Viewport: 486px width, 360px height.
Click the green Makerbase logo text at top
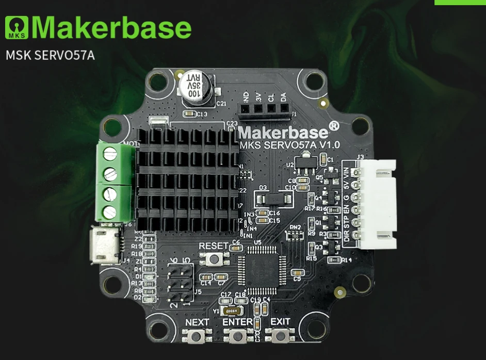pos(111,28)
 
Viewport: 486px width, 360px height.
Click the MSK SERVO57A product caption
pos(50,55)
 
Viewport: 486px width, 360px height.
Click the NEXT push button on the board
pos(197,337)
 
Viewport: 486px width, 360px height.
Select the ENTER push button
pos(238,337)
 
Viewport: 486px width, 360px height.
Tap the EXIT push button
pos(280,337)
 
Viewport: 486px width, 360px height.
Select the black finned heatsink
pos(187,178)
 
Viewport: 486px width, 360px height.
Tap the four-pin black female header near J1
pos(264,109)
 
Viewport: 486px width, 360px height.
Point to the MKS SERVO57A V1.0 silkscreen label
pos(289,144)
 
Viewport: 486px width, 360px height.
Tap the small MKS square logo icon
pos(18,28)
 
